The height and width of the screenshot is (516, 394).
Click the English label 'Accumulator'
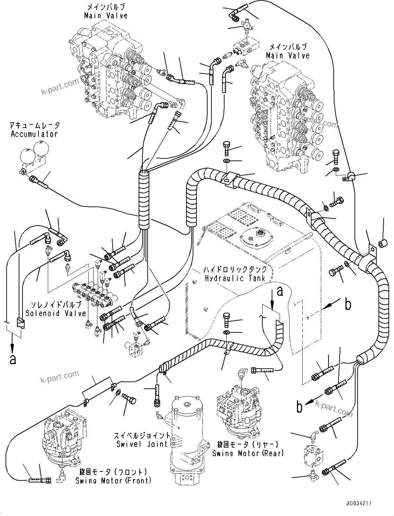tap(34, 134)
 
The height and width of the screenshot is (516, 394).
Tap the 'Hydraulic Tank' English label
tap(235, 278)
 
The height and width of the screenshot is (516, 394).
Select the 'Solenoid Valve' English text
tap(56, 313)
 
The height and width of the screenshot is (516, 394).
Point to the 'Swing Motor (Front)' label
tap(113, 480)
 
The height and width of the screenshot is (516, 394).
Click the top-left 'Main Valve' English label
tap(106, 16)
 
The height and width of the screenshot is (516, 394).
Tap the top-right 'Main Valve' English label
tap(288, 55)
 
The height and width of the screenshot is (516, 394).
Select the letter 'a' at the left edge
tap(12, 359)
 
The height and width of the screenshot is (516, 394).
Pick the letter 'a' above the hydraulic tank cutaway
tap(280, 291)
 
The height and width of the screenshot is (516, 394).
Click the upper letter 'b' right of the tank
tap(348, 304)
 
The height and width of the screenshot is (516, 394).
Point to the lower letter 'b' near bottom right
tap(299, 407)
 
